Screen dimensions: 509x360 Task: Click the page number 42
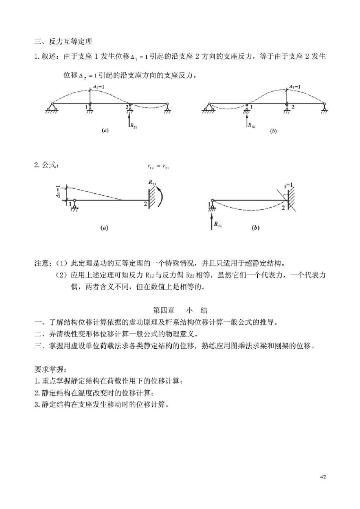(x=323, y=476)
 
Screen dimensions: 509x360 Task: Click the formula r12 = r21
(x=158, y=166)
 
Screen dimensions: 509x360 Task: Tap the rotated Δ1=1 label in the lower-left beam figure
(x=58, y=192)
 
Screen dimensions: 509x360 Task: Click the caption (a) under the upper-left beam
(x=105, y=130)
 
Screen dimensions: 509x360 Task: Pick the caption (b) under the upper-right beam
(x=273, y=131)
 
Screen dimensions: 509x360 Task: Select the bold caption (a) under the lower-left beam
(x=104, y=228)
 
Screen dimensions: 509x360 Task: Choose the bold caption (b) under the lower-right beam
(x=256, y=228)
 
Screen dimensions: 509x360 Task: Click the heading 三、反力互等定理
(x=63, y=41)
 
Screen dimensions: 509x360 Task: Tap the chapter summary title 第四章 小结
(x=180, y=310)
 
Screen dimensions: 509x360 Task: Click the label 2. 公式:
(x=46, y=165)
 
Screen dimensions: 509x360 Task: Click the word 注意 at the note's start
(x=42, y=263)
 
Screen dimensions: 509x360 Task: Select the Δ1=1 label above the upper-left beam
(x=99, y=87)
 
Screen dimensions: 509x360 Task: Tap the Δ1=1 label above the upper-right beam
(x=294, y=87)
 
